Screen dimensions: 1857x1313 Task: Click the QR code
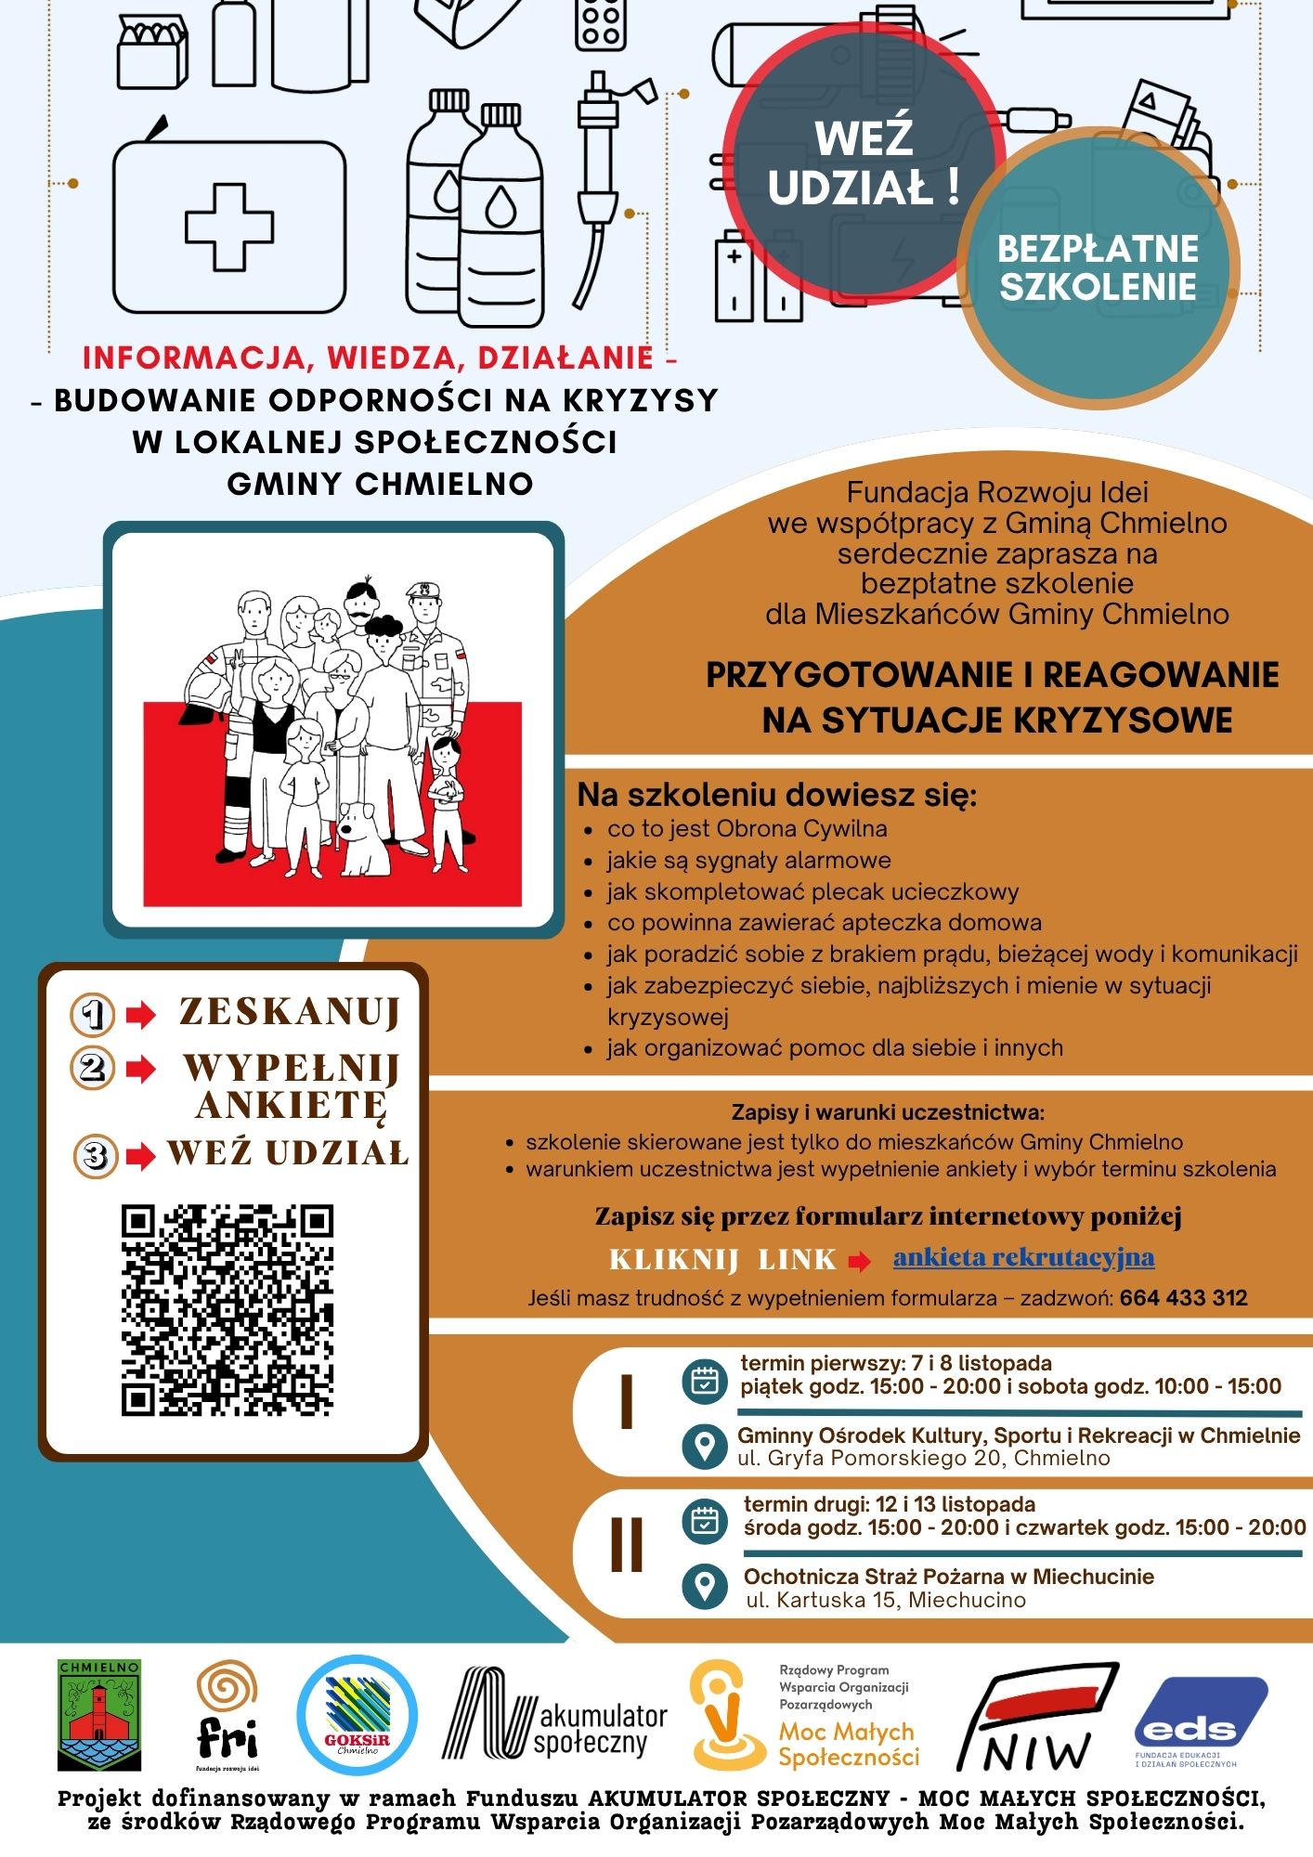[227, 1310]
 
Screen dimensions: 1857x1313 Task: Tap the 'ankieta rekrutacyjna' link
[1023, 1258]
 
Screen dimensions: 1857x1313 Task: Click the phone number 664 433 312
[1183, 1298]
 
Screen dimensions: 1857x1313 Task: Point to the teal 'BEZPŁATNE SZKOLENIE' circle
[1098, 268]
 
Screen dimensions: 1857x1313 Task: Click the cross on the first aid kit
[229, 227]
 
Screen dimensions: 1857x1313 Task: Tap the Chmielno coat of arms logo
[99, 1715]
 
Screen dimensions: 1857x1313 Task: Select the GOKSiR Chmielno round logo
[357, 1715]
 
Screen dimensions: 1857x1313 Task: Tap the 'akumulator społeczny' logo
[555, 1714]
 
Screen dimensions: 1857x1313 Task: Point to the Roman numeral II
[627, 1544]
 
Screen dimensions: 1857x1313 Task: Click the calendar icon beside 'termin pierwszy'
[705, 1382]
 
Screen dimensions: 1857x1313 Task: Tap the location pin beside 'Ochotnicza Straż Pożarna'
[705, 1587]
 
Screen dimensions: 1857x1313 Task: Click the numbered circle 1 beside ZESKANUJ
[93, 1014]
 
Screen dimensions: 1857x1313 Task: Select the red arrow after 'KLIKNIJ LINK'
[859, 1261]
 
